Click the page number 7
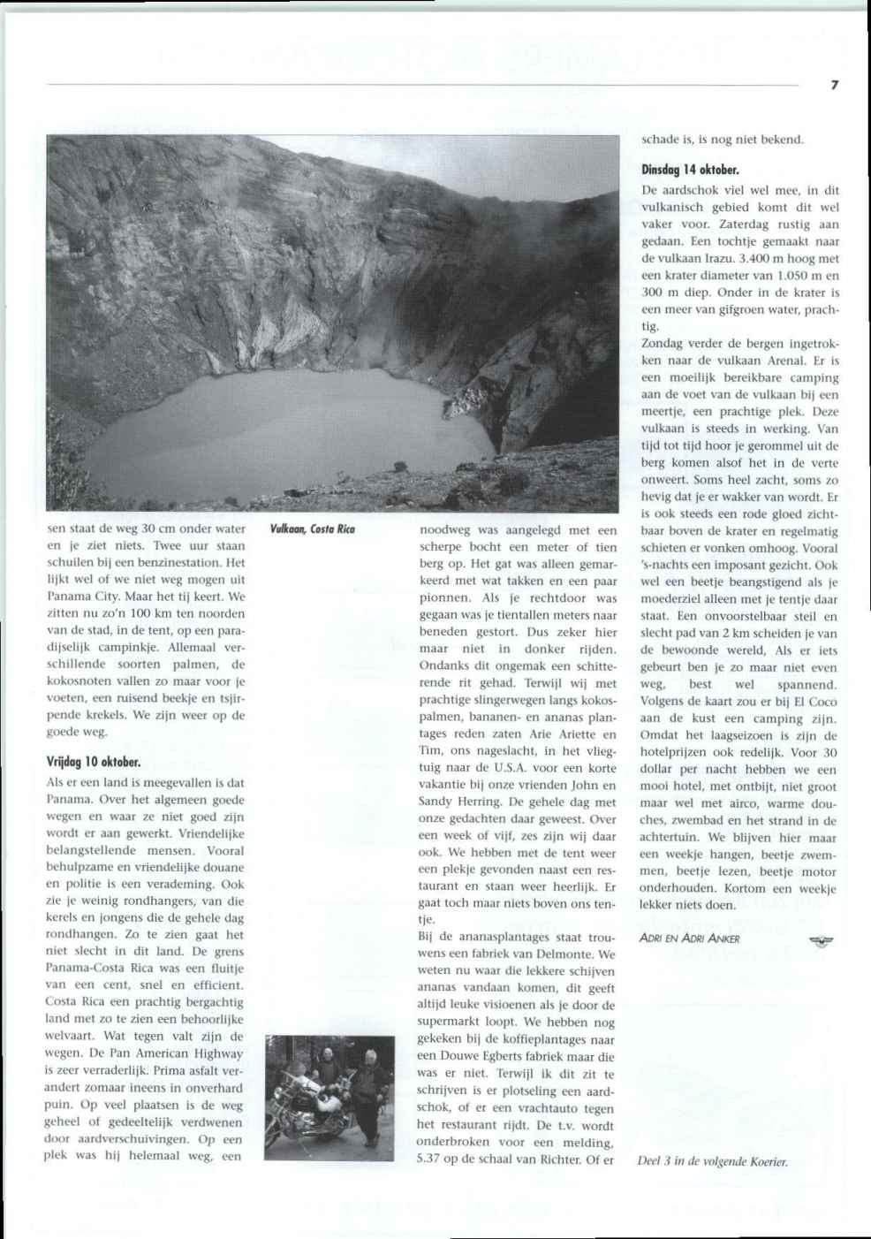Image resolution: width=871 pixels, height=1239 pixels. click(x=834, y=85)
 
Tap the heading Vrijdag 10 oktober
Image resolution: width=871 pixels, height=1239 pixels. click(x=94, y=761)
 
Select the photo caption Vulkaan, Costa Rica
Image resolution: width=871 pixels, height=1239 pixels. click(x=313, y=529)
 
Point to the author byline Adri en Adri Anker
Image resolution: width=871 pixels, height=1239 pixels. click(x=689, y=939)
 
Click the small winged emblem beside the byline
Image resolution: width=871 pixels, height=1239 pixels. click(x=821, y=940)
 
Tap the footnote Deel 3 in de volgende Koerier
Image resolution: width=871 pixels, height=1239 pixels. click(x=713, y=1161)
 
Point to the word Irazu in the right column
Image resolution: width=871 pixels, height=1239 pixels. click(x=714, y=259)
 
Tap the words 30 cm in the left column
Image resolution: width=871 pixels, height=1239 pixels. click(x=157, y=528)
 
